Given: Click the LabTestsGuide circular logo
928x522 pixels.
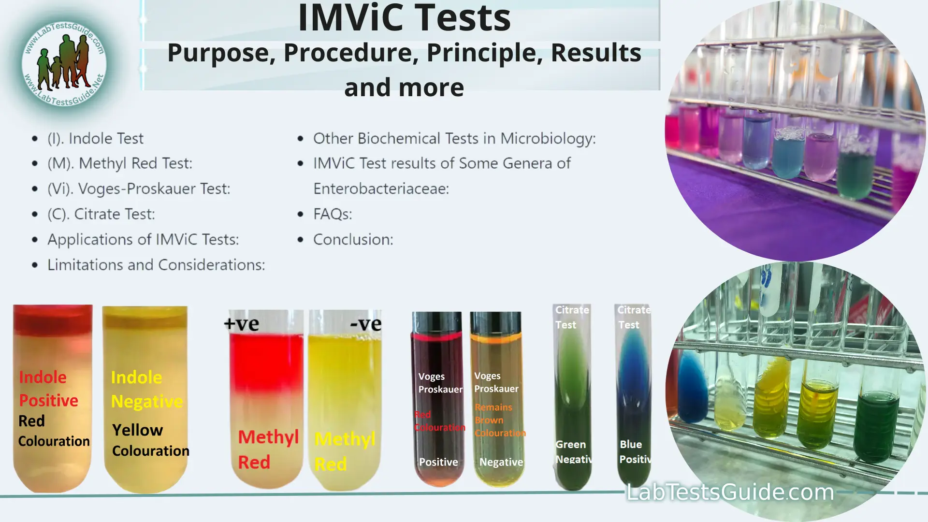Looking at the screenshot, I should [64, 63].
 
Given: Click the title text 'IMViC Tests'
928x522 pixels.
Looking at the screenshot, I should [404, 18].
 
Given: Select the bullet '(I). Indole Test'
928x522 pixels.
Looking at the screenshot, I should [95, 139].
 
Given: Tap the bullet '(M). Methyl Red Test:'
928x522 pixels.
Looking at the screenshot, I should [119, 164].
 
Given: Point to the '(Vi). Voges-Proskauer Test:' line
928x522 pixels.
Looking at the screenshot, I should [139, 189].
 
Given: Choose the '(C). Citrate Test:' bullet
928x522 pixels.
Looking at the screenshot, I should [101, 214].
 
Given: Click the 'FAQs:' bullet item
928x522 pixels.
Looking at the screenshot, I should [333, 214].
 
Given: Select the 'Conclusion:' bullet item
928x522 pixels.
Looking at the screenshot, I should [353, 240].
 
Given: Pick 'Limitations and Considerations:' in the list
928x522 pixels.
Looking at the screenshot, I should [156, 265].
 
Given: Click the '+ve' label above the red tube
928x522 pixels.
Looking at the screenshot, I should [242, 324].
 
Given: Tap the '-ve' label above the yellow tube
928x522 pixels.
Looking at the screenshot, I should [366, 324].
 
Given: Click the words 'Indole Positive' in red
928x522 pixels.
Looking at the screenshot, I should [48, 389].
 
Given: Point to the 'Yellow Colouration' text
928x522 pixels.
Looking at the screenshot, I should [150, 440].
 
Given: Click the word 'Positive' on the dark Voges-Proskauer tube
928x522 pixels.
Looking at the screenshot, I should [438, 462].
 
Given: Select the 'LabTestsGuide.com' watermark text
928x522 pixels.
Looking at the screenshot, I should [730, 492].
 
